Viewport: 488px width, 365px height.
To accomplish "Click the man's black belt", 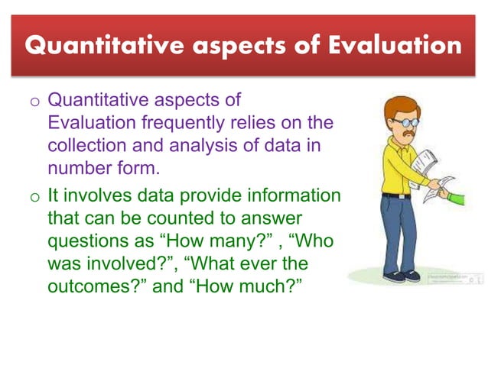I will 396,195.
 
